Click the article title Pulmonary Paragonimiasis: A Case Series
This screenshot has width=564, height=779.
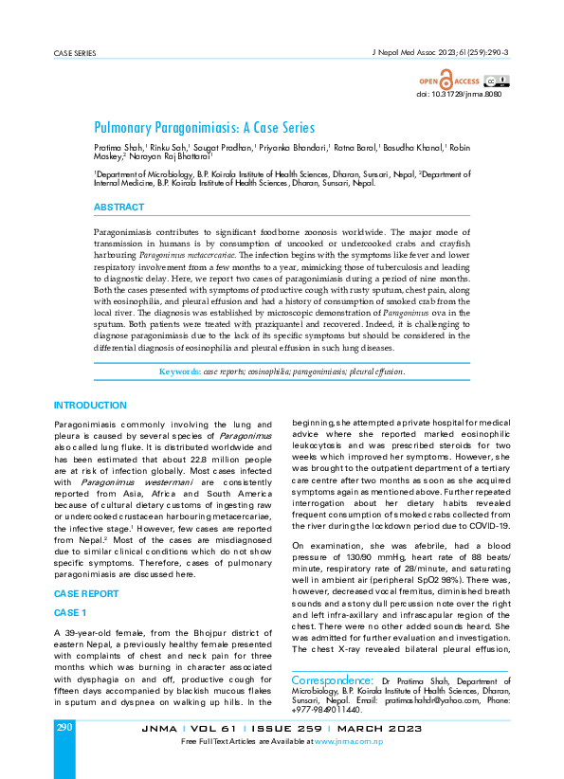[204, 127]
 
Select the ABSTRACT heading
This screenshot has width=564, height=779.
[119, 207]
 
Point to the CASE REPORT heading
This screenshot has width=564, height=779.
[86, 567]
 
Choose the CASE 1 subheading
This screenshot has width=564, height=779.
[70, 587]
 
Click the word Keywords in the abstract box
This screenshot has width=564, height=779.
[179, 372]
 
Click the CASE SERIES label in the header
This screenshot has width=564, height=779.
[75, 54]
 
